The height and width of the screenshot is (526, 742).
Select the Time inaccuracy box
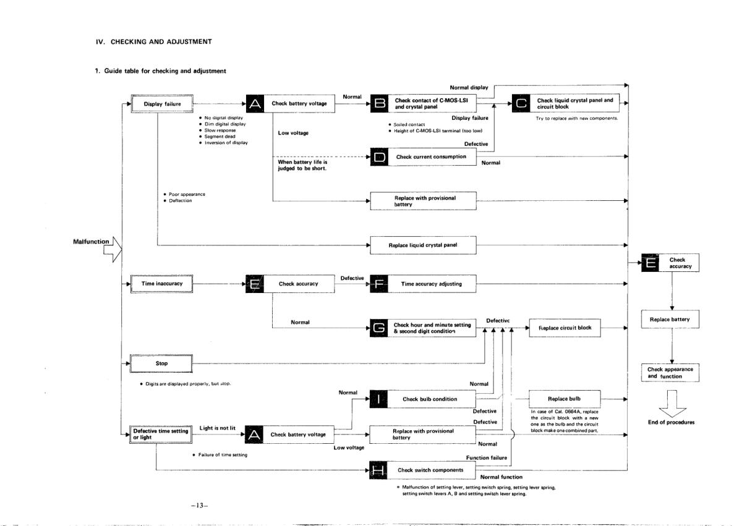coord(161,283)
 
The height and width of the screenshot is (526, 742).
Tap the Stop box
coord(161,363)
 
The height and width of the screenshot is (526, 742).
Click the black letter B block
coord(378,104)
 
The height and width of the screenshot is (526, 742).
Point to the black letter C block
coord(521,104)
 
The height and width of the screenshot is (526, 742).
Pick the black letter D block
coord(378,157)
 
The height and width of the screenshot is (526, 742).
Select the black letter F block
coord(378,284)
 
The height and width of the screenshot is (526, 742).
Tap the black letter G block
coord(378,328)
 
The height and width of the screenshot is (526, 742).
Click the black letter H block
coord(378,470)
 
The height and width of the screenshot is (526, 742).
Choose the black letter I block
coord(378,399)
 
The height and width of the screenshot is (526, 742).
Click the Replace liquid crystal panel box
coord(423,245)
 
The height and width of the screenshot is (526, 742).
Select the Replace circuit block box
coord(565,328)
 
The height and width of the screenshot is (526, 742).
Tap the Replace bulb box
coord(565,399)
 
